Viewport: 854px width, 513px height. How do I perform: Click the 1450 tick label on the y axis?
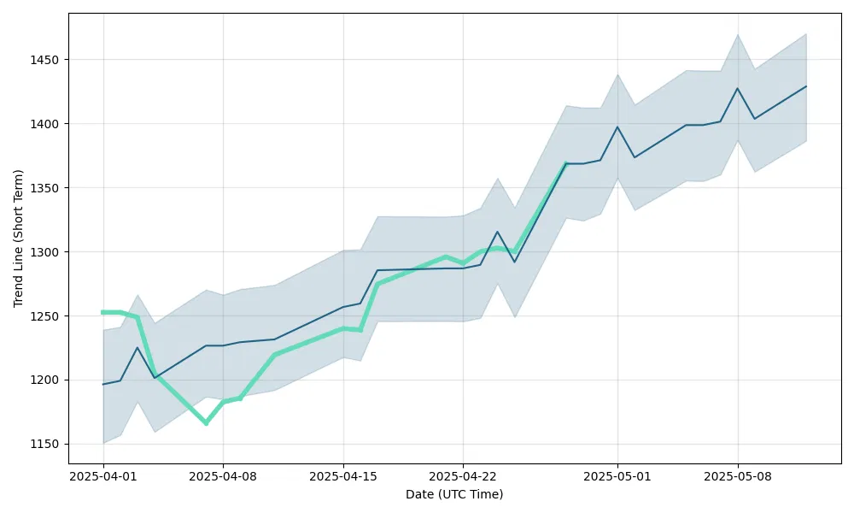coord(48,60)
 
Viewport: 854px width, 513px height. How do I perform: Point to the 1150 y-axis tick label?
coord(48,444)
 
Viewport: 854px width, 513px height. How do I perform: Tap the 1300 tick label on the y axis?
coord(48,252)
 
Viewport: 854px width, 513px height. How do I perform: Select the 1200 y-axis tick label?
coord(48,380)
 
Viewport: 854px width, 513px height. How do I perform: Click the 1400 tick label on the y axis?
coord(48,124)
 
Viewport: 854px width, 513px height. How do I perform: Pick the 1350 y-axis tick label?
coord(48,188)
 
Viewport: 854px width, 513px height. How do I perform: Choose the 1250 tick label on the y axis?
coord(48,316)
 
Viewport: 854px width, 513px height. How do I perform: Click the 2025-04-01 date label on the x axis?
coord(103,476)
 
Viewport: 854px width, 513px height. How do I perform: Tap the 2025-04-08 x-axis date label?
coord(223,476)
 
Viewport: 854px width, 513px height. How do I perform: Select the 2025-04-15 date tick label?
coord(343,476)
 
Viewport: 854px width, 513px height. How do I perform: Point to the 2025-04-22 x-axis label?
coord(463,476)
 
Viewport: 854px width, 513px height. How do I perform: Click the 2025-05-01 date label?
coord(617,476)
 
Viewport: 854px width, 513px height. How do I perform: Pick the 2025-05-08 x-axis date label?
coord(738,476)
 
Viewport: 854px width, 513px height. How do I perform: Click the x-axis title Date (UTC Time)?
coord(454,494)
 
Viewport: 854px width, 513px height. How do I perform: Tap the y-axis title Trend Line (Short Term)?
coord(19,238)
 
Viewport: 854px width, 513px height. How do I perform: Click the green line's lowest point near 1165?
coord(206,423)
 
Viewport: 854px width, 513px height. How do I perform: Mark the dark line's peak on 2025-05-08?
coord(738,88)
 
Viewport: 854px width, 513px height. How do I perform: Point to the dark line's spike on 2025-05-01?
coord(617,127)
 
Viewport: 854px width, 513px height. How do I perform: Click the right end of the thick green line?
coord(566,163)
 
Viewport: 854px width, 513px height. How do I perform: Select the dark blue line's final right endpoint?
coord(806,86)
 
